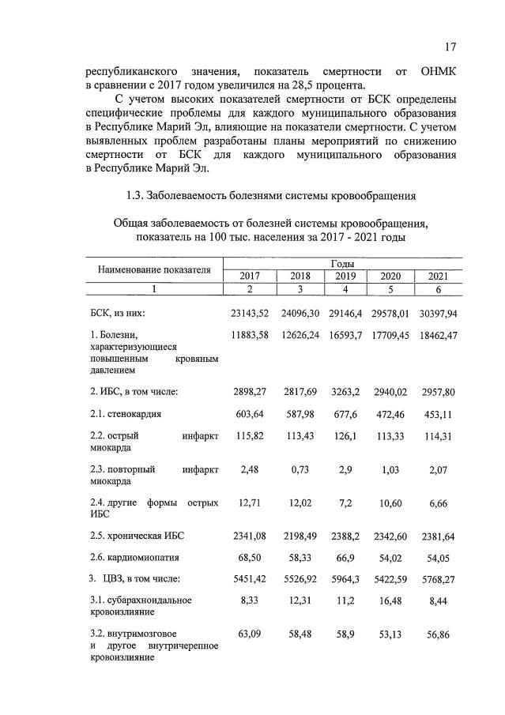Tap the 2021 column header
437,276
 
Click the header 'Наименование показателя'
154,269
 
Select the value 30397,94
435,314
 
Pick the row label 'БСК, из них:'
116,314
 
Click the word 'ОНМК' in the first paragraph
436,72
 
